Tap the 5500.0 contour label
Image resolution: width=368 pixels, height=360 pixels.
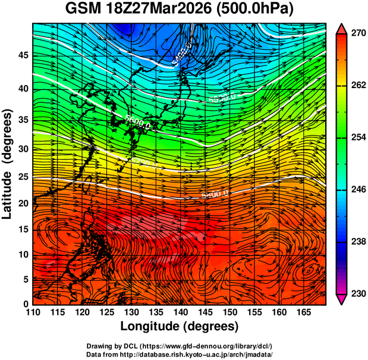[x=222, y=96]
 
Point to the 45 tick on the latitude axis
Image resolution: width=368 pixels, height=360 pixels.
[x=22, y=55]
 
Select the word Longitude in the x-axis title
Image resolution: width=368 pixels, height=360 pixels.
[x=151, y=326]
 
